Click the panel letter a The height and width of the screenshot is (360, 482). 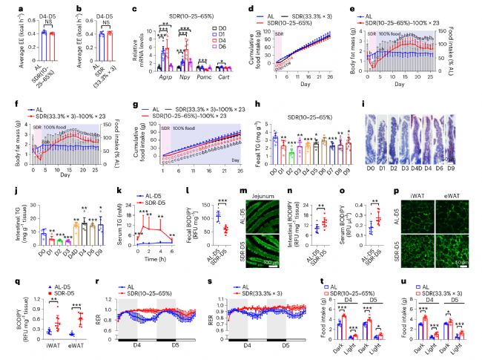6,7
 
